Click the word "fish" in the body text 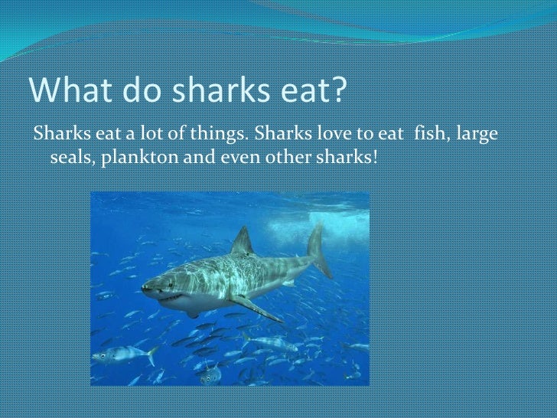[429, 136]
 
